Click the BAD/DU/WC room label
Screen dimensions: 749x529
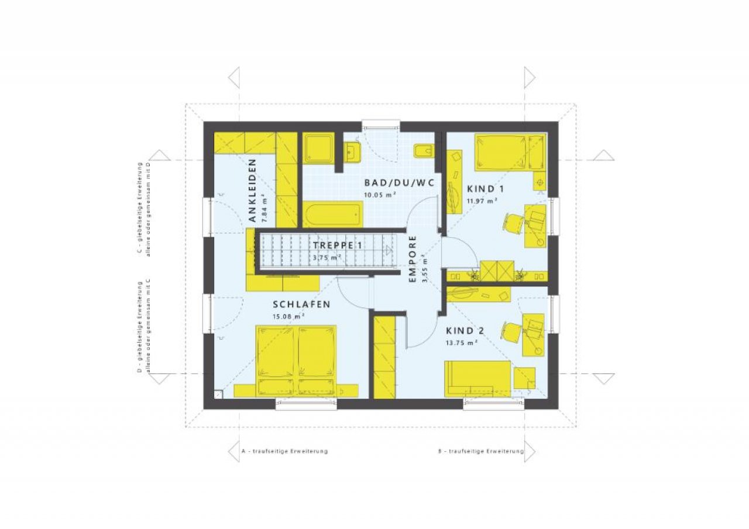click(399, 183)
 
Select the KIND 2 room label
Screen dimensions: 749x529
click(465, 331)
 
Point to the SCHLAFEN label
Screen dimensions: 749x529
click(301, 305)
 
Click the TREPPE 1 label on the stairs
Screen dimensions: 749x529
click(338, 246)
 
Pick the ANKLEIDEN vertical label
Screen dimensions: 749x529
click(252, 191)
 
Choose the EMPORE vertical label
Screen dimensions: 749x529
click(413, 259)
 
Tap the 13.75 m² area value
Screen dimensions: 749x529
click(462, 343)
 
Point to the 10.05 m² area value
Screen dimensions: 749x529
click(380, 195)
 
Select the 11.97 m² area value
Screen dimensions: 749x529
click(482, 202)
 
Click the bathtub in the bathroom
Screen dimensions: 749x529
click(333, 215)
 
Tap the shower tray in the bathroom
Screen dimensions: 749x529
click(318, 148)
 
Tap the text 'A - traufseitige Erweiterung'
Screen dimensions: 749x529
click(284, 451)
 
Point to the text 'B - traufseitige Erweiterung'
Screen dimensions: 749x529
click(481, 451)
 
